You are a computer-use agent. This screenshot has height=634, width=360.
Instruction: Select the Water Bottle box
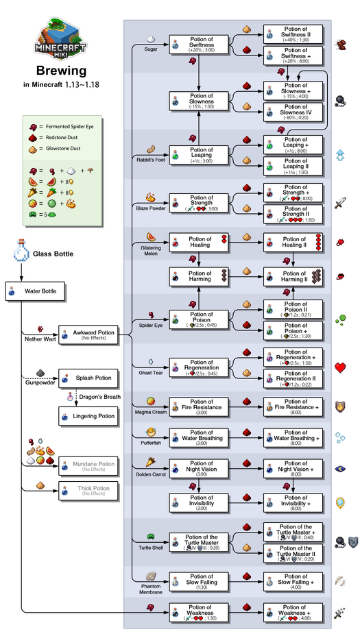click(36, 291)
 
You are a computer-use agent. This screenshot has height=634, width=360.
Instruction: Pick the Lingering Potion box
click(88, 415)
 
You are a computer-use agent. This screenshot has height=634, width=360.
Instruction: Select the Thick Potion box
click(88, 491)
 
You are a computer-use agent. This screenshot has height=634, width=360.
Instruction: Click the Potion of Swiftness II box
click(295, 33)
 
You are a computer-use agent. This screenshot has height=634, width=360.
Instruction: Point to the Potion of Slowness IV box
click(295, 110)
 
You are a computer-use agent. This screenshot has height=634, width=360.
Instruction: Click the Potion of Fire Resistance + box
click(295, 406)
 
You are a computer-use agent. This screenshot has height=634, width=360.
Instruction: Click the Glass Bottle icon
click(21, 254)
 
